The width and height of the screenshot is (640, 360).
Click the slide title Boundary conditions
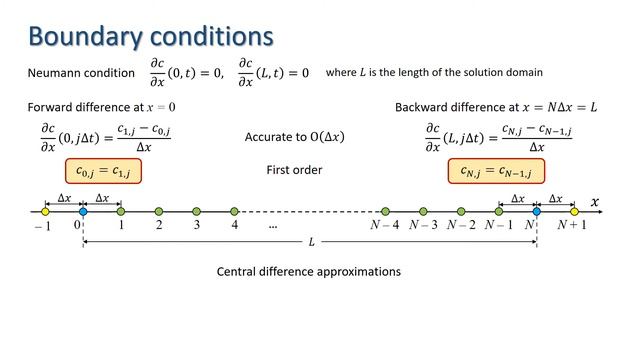150,36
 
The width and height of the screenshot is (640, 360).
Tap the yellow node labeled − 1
45,211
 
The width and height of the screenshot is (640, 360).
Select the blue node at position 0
83,211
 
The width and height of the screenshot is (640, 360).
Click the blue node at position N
536,211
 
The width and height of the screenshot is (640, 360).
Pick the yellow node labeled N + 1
574,211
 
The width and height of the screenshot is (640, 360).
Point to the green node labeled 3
196,211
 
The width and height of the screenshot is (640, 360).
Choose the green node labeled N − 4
385,211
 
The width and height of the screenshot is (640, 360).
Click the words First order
294,170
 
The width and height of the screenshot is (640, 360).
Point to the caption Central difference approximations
308,271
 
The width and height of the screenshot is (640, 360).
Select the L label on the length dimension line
311,243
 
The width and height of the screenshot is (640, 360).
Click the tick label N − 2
461,225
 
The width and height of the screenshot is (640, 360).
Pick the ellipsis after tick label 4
273,226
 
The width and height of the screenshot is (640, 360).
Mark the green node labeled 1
121,211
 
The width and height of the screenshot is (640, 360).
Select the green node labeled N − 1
498,211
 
